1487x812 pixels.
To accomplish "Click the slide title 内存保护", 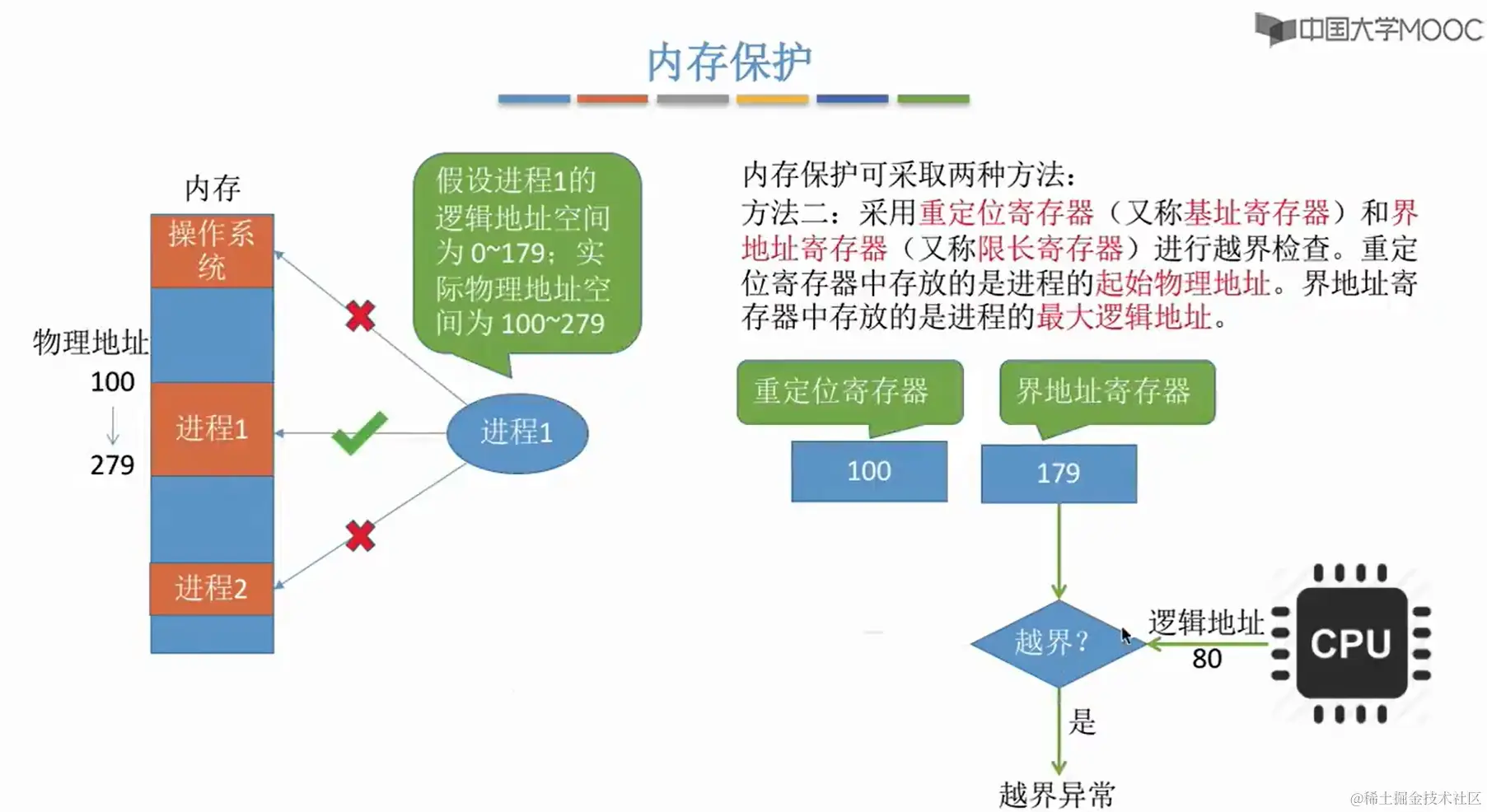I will point(729,63).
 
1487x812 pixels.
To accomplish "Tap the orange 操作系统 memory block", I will point(212,250).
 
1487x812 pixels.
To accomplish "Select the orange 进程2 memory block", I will point(212,588).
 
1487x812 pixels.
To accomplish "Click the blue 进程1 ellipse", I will point(517,432).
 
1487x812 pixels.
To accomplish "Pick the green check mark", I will point(359,432).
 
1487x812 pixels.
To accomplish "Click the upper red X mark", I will point(360,315).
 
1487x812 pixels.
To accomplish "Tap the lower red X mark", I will point(360,536).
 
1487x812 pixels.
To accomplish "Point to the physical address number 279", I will point(112,465).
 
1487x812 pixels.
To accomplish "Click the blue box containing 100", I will point(869,471).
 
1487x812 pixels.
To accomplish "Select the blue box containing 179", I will point(1059,473).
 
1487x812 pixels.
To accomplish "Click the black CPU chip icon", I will point(1351,643).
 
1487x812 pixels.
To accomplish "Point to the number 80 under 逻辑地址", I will point(1207,659).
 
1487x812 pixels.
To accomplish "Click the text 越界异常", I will point(1057,795).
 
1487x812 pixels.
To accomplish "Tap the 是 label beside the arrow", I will point(1082,722).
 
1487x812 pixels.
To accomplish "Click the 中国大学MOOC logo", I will point(1368,30).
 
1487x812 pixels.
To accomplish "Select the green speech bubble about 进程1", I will point(526,252).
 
